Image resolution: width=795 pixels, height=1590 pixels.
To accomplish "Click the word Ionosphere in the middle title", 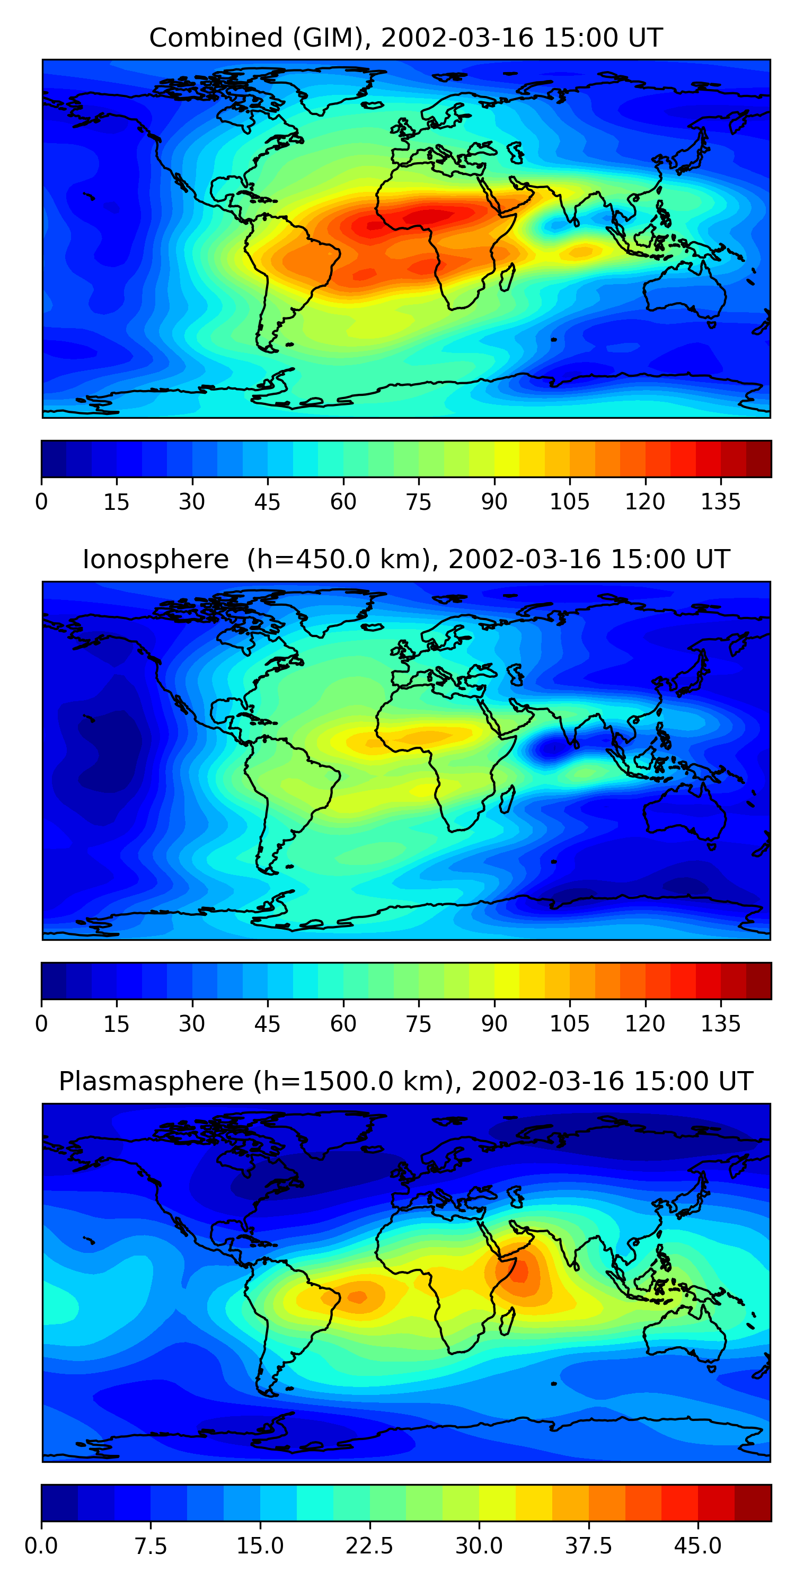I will click(x=155, y=559).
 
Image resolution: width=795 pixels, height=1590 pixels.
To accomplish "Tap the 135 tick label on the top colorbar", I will click(x=720, y=502).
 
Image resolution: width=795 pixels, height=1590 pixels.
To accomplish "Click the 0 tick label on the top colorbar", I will click(x=41, y=502).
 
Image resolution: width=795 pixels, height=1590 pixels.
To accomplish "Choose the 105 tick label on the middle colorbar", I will click(x=569, y=1023).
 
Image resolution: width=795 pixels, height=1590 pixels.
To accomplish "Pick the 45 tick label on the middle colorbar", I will click(x=267, y=1023).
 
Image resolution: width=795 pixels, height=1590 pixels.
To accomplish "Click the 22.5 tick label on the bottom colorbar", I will click(x=369, y=1546).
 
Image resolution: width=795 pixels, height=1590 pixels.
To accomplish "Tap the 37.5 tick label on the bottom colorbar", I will click(x=588, y=1546).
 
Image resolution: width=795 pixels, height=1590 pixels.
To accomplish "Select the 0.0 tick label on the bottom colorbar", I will click(x=41, y=1546).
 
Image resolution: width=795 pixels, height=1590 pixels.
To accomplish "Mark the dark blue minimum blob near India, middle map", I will click(x=547, y=749).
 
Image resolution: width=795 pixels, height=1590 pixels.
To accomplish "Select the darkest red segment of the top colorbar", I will click(x=758, y=458).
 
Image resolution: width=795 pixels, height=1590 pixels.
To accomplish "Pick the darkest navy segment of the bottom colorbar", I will click(x=59, y=1503).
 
